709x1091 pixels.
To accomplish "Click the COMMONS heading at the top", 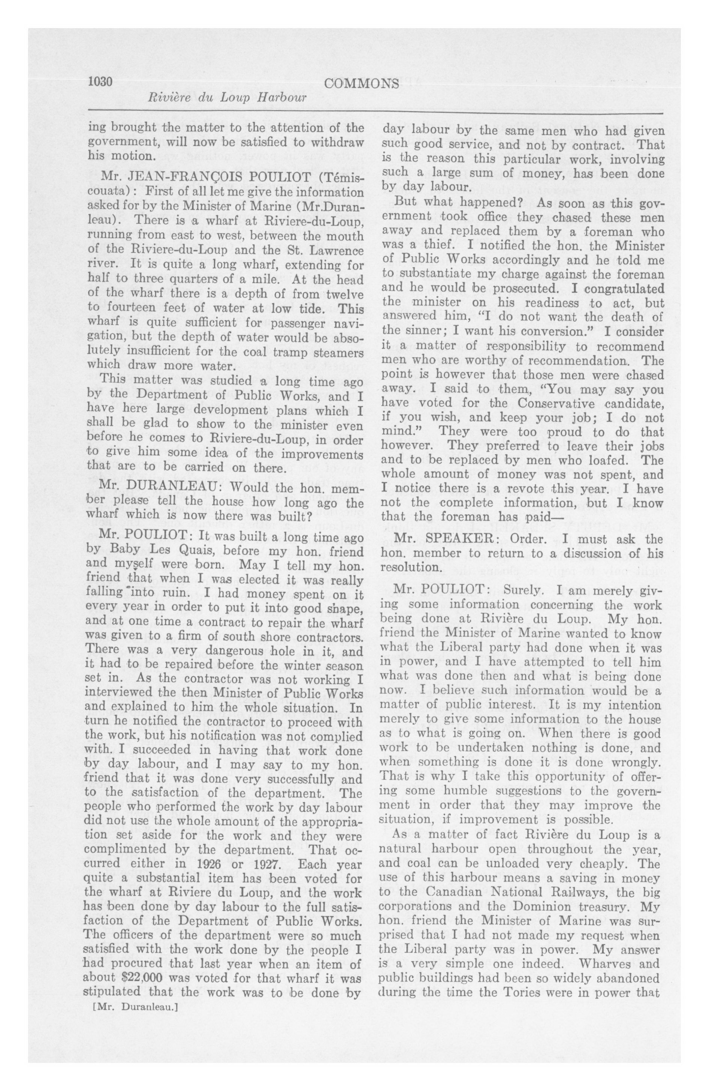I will (361, 84).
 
